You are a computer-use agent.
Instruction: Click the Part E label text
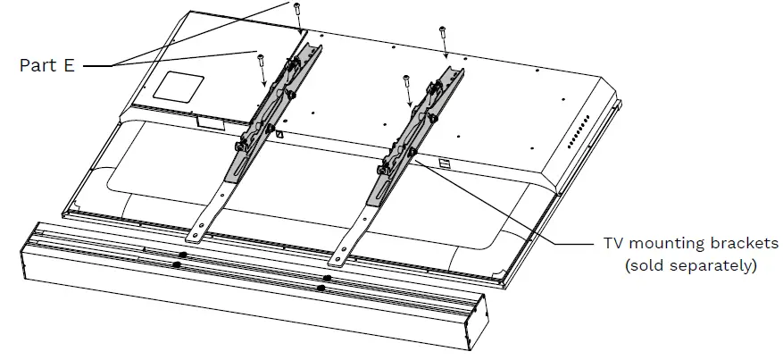pyautogui.click(x=47, y=65)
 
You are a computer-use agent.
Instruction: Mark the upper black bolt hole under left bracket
pyautogui.click(x=182, y=255)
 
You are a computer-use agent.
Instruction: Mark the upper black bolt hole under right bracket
pyautogui.click(x=328, y=279)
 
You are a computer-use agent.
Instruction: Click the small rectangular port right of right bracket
pyautogui.click(x=445, y=163)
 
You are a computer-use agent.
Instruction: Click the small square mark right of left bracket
pyautogui.click(x=279, y=135)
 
